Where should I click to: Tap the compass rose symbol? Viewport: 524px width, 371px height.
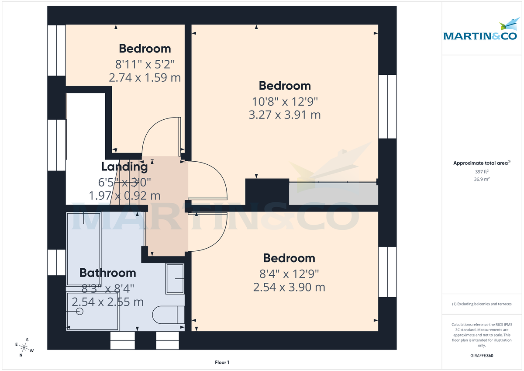[25, 347]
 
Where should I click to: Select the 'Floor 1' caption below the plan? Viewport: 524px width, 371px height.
[222, 362]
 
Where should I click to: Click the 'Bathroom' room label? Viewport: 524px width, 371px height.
[107, 273]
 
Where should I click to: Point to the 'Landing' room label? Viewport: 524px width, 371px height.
[124, 166]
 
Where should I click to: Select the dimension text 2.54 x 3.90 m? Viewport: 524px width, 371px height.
[289, 287]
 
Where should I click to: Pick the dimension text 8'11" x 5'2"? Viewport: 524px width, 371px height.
[145, 64]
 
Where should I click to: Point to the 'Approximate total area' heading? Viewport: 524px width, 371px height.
[481, 163]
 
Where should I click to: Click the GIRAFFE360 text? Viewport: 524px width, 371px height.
[481, 356]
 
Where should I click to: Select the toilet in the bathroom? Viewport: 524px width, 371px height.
[169, 315]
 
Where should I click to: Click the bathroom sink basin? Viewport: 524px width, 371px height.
[175, 278]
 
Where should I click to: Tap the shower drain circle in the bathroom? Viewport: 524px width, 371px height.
[79, 311]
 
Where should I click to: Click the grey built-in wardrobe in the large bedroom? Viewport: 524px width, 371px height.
[333, 194]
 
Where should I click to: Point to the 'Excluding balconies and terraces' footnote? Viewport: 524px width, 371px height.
[481, 304]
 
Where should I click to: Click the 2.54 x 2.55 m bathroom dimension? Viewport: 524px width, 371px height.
[107, 302]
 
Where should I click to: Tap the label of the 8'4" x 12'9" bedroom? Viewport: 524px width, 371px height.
[289, 258]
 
